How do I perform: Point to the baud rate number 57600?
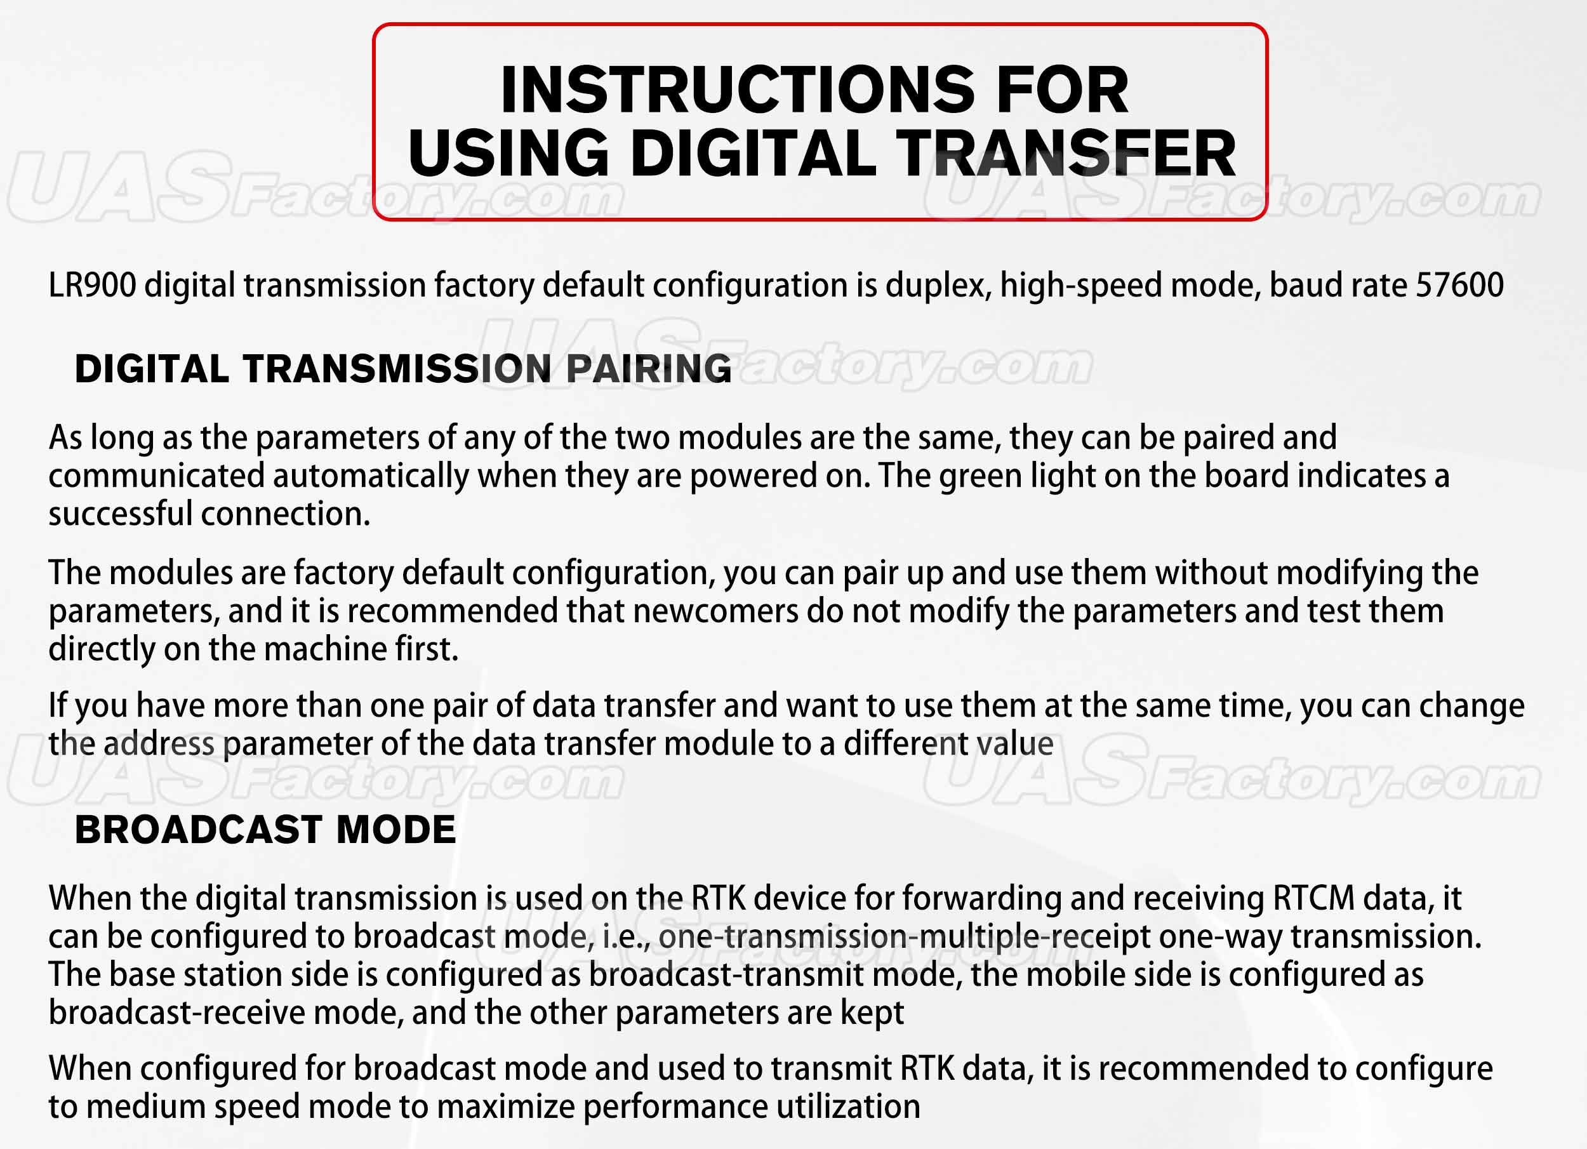tap(1459, 286)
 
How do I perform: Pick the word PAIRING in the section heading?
tap(649, 369)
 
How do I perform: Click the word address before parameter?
tap(159, 744)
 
